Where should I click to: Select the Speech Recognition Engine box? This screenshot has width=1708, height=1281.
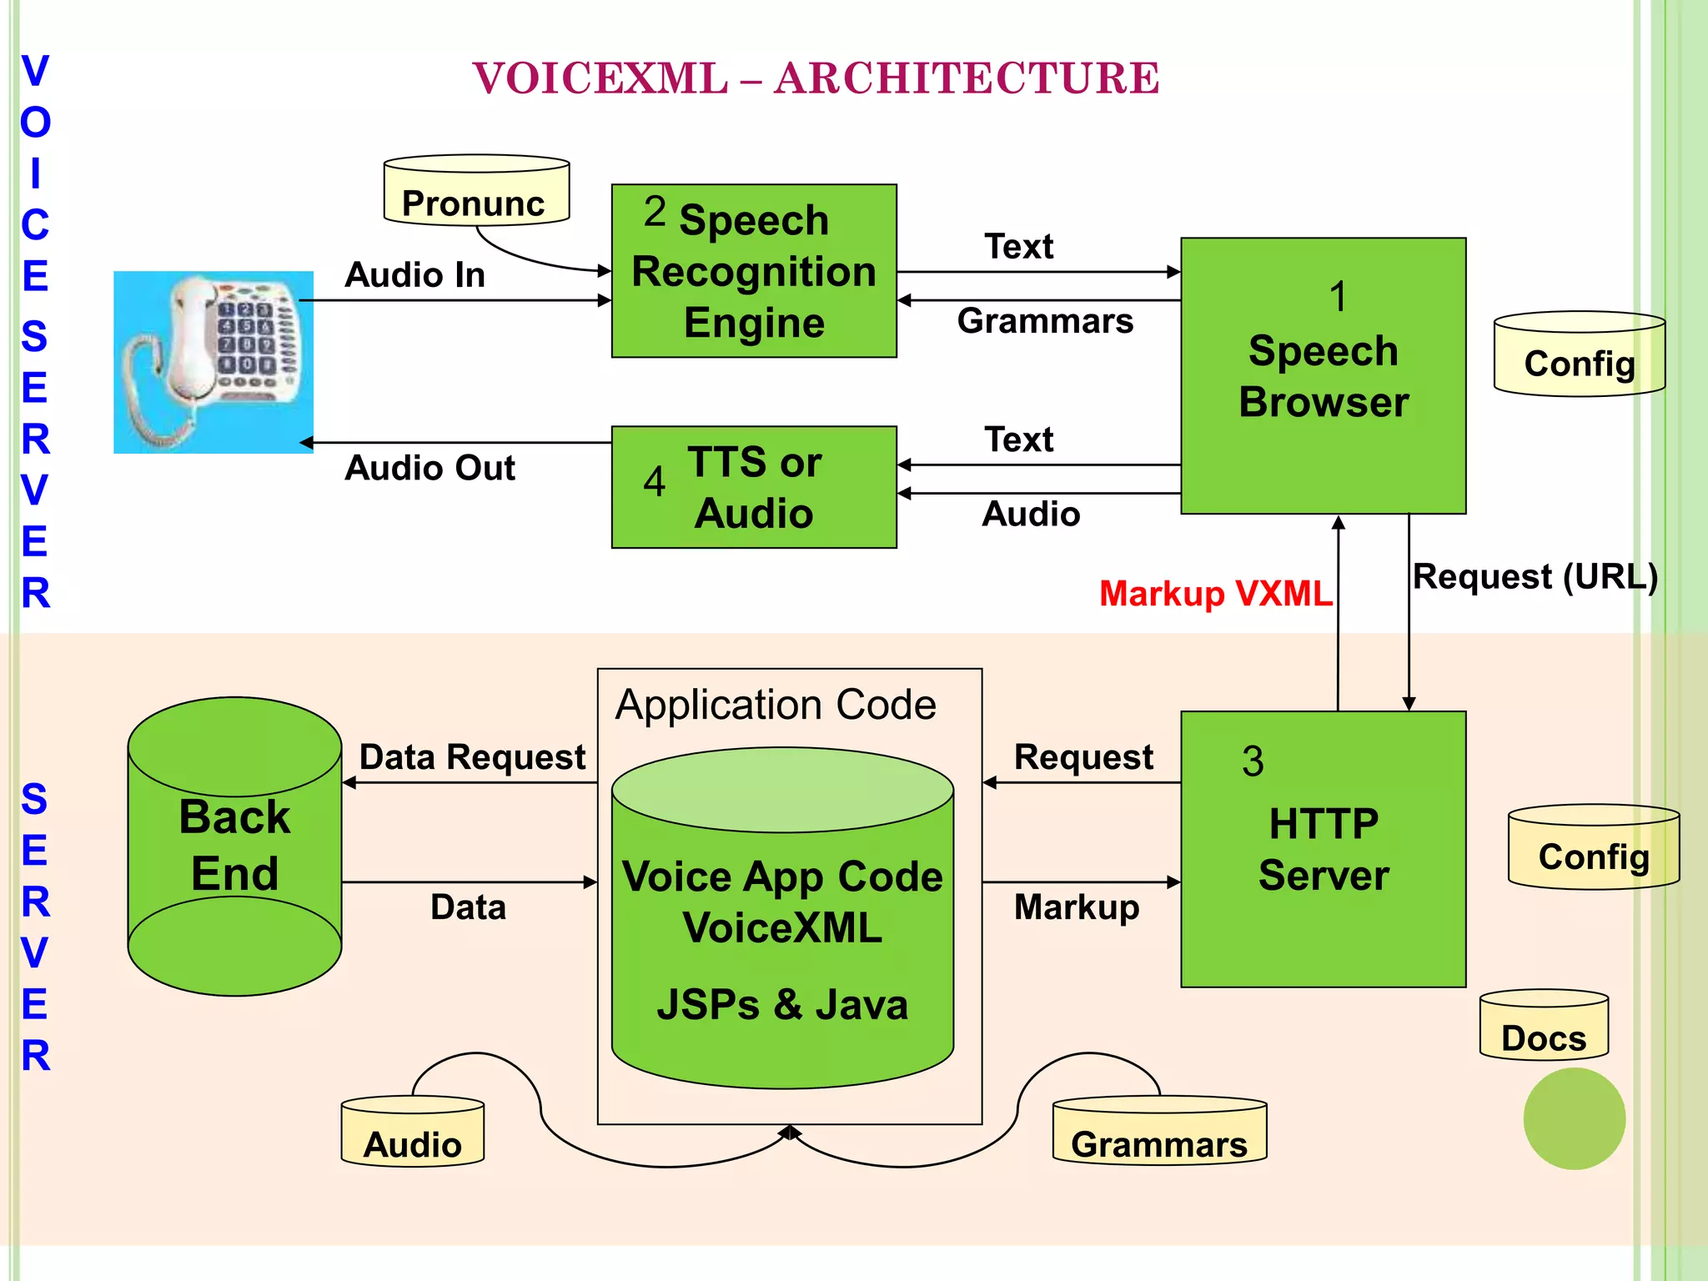[x=754, y=271]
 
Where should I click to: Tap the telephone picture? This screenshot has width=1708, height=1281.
[x=213, y=362]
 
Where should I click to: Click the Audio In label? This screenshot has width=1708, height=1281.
[x=414, y=275]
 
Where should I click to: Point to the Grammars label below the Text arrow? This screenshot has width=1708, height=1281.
[x=1045, y=321]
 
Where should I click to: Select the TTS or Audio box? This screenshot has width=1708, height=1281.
[x=754, y=487]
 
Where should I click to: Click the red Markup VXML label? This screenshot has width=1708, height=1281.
[x=1215, y=594]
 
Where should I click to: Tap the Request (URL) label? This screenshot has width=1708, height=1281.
[x=1535, y=577]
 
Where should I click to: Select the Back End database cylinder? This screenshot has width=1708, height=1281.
[x=234, y=846]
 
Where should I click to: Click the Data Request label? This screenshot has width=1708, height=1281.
[x=472, y=757]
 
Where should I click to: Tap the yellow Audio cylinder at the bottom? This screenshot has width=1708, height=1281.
[x=413, y=1133]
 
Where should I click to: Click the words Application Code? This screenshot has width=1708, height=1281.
[x=776, y=706]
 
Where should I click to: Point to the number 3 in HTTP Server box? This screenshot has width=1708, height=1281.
[x=1253, y=761]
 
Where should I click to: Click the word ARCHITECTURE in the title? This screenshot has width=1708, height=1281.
[x=967, y=78]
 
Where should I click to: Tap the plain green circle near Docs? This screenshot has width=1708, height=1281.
[x=1574, y=1118]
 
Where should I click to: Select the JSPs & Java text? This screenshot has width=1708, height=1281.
[x=781, y=1005]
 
